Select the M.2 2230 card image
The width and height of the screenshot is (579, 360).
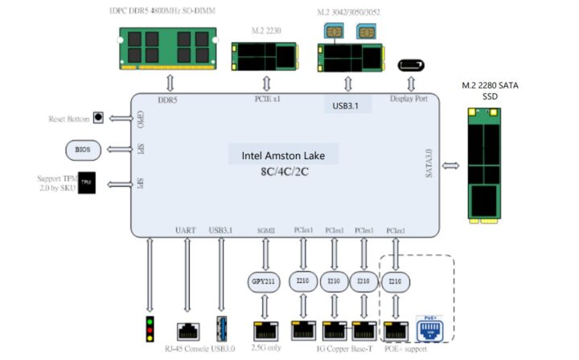261,56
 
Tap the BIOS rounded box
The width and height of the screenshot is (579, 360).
83,149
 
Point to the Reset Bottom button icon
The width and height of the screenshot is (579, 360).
99,118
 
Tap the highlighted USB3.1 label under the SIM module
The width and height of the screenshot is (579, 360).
348,105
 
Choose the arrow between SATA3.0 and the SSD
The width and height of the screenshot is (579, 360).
451,166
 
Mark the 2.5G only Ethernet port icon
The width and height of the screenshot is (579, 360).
262,329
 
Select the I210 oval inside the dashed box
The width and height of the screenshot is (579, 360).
394,282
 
